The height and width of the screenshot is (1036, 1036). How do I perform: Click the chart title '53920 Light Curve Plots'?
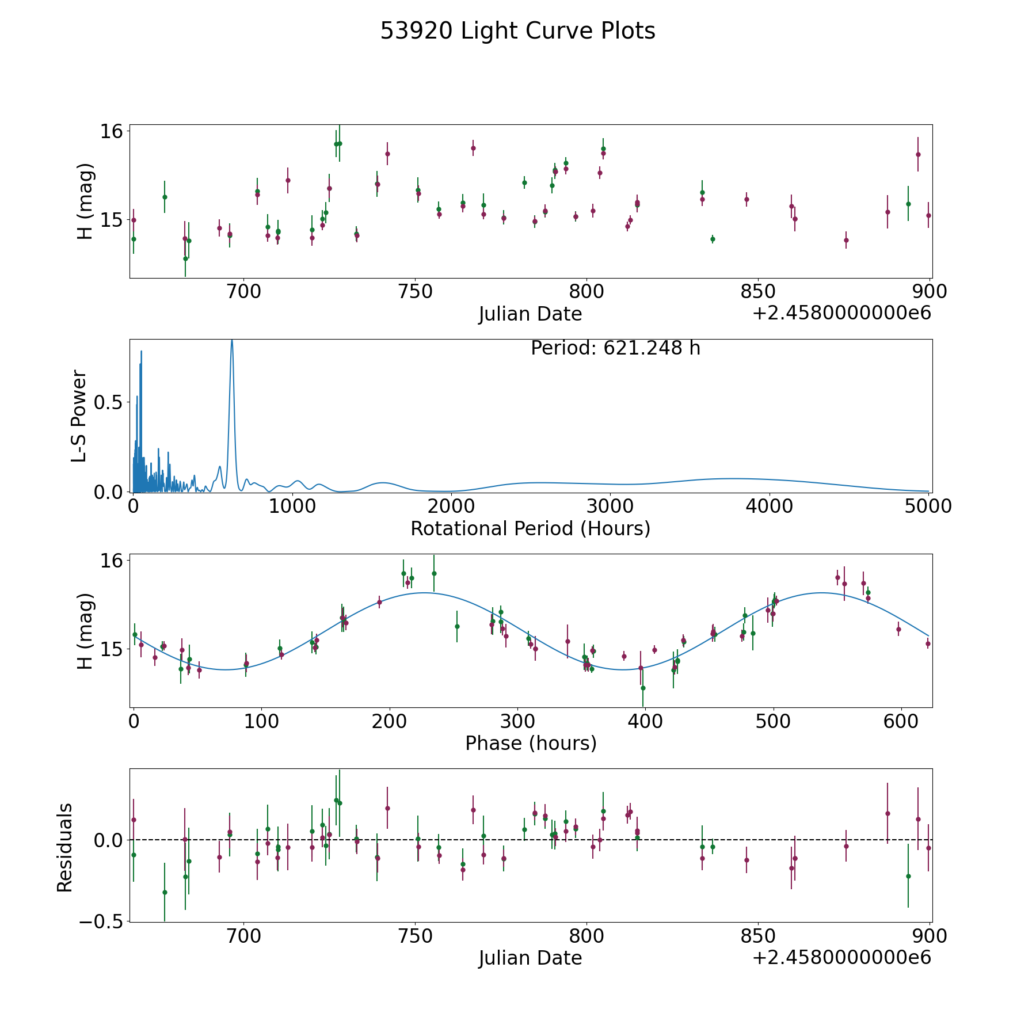pyautogui.click(x=517, y=31)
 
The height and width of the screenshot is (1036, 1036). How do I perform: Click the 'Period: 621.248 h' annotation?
pyautogui.click(x=615, y=348)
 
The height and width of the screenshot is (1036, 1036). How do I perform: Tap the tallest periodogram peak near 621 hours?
pyautogui.click(x=232, y=341)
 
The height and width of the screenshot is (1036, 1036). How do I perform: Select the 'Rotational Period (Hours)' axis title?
pyautogui.click(x=530, y=528)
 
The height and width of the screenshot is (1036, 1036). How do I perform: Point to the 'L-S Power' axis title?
pyautogui.click(x=79, y=416)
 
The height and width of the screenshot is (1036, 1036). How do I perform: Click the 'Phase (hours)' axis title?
pyautogui.click(x=531, y=743)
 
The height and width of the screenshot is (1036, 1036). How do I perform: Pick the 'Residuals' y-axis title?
pyautogui.click(x=64, y=847)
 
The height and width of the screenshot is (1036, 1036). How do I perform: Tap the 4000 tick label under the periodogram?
pyautogui.click(x=769, y=506)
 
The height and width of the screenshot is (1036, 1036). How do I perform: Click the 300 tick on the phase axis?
pyautogui.click(x=517, y=721)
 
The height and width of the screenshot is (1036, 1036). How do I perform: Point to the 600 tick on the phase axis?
pyautogui.click(x=901, y=721)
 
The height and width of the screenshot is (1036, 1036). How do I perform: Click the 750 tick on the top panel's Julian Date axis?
pyautogui.click(x=415, y=292)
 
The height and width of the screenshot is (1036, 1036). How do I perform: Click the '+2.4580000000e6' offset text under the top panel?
pyautogui.click(x=841, y=313)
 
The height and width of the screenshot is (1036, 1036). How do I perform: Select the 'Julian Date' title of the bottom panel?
pyautogui.click(x=530, y=958)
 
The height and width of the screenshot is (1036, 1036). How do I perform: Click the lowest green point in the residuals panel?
pyautogui.click(x=165, y=892)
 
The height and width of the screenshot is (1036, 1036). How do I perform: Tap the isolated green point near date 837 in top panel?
pyautogui.click(x=713, y=239)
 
